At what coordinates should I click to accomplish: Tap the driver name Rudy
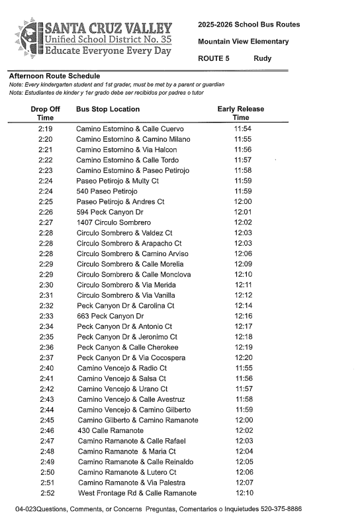coord(263,59)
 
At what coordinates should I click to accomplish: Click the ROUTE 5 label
coord(214,59)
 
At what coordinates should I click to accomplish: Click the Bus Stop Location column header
coord(108,109)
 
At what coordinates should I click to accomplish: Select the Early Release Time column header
coord(240,113)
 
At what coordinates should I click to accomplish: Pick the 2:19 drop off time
coord(46,128)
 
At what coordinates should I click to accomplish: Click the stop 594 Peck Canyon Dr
coord(110,212)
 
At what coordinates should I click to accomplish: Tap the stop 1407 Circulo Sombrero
coord(113,222)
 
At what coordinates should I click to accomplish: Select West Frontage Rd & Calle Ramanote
coord(137,493)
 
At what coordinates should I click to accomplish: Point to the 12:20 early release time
coord(243,357)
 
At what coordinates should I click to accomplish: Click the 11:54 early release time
coord(243,128)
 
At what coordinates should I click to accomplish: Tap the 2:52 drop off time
coord(47,493)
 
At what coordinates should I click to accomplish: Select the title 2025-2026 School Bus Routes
coord(249,24)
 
